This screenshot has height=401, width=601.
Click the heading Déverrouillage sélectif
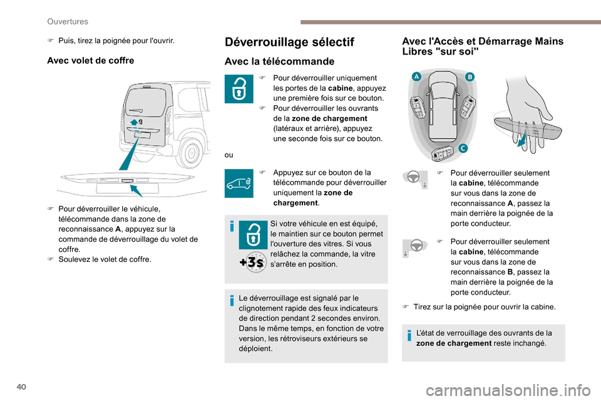[x=289, y=42]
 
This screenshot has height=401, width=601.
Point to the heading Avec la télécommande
[x=279, y=61]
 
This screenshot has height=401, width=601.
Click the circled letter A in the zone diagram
[x=415, y=76]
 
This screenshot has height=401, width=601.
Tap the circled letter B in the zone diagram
[x=470, y=76]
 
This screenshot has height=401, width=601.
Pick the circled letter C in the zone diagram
[x=463, y=148]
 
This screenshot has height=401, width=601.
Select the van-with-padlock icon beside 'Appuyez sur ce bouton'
[x=239, y=183]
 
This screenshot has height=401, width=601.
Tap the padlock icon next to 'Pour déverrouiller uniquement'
[x=239, y=90]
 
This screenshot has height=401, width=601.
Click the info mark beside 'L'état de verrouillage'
[x=409, y=338]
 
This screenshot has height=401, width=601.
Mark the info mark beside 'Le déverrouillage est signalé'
[x=232, y=301]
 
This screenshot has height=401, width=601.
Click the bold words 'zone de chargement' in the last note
[x=453, y=343]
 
